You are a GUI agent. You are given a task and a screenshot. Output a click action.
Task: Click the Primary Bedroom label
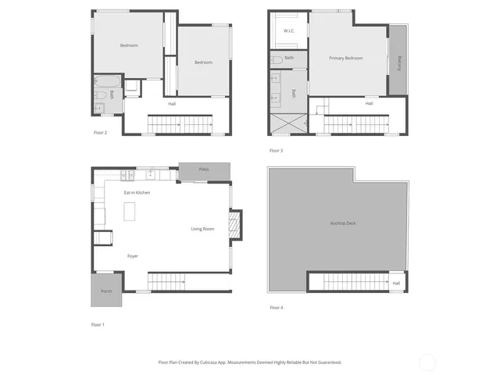[x=345, y=58]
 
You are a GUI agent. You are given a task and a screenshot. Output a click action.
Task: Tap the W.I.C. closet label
[x=288, y=32]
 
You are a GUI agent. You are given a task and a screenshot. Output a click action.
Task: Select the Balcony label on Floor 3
[x=399, y=62]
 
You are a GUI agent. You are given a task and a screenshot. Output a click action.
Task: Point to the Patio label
[x=203, y=170]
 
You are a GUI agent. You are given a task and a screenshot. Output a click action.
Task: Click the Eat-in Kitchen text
[x=137, y=192]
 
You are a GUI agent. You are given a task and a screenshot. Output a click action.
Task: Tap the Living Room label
[x=202, y=229]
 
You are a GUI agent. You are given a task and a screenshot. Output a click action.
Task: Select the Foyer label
[x=133, y=256]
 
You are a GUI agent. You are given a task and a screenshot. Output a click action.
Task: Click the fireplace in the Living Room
[x=233, y=227]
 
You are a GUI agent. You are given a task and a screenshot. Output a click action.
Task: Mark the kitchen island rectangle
[x=130, y=212]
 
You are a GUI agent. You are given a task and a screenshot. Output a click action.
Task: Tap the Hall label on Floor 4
[x=396, y=283]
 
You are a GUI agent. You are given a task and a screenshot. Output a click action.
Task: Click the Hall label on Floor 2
[x=171, y=103]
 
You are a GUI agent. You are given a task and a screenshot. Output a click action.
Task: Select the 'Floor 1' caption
[x=98, y=323]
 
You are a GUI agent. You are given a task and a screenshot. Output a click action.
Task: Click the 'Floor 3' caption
[x=276, y=150]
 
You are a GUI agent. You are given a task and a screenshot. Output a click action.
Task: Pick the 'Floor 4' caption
[x=276, y=308]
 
